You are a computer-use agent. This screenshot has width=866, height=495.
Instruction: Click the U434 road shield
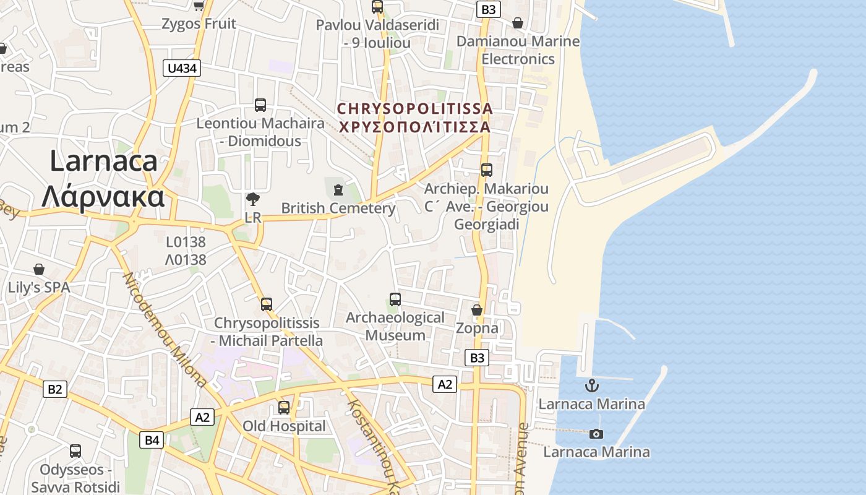tap(182, 68)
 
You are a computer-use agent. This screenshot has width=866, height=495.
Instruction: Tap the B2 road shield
tap(55, 389)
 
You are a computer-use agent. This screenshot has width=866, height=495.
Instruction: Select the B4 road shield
tap(152, 441)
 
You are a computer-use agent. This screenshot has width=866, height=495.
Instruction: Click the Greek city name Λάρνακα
tap(103, 197)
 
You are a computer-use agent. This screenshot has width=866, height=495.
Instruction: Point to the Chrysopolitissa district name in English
tap(415, 109)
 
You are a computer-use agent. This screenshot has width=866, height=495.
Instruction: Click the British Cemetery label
tap(338, 209)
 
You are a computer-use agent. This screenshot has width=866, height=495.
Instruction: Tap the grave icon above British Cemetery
tap(338, 189)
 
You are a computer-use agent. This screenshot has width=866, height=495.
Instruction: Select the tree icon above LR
tap(252, 199)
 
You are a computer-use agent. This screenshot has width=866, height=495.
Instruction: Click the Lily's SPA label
tap(39, 288)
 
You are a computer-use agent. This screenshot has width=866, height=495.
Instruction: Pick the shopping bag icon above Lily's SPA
tap(39, 269)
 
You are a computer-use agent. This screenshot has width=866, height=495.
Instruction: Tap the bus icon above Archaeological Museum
tap(395, 299)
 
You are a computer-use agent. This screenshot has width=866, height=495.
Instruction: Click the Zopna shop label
tap(477, 328)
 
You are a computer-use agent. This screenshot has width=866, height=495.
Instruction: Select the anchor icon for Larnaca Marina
tap(592, 385)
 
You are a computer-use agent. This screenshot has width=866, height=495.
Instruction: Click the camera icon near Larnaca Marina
tap(596, 434)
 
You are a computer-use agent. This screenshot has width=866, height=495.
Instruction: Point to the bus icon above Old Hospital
tap(284, 408)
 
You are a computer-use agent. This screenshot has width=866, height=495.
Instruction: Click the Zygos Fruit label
tap(199, 24)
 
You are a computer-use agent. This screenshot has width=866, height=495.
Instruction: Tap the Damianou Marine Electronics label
tap(518, 50)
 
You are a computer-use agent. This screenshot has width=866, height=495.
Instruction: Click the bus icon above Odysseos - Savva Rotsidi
tap(75, 451)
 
